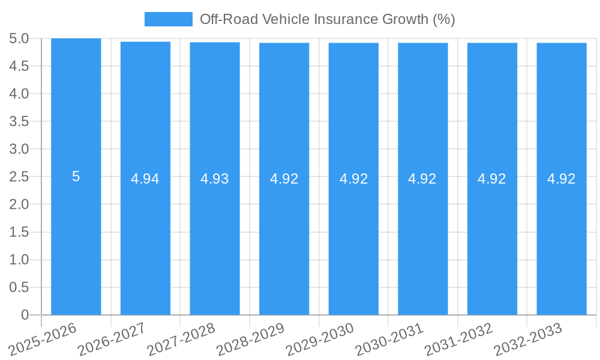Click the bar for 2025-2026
76,240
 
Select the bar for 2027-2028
215,240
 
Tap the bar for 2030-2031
423,240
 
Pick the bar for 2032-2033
562,240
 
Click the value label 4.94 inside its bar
145,179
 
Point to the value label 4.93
215,179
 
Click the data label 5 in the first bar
76,176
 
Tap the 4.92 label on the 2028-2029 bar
284,179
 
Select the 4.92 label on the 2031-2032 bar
492,179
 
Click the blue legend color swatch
169,19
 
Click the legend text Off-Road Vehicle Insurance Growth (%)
327,19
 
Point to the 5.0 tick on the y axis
19,38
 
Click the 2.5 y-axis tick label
19,177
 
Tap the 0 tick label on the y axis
25,315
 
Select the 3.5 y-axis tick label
19,121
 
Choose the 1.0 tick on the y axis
19,260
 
